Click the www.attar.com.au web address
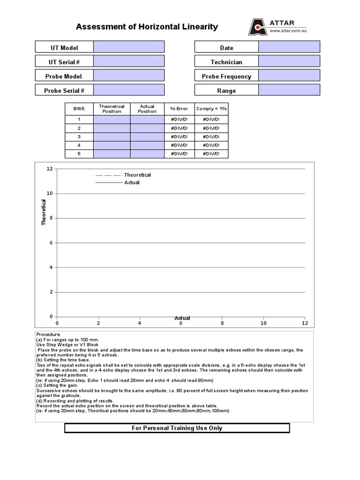pyautogui.click(x=288, y=31)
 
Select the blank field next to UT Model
pyautogui.click(x=129, y=47)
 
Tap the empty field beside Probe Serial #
pyautogui.click(x=129, y=90)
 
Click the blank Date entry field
pyautogui.click(x=289, y=47)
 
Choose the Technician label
pyautogui.click(x=226, y=62)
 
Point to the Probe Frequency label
pyautogui.click(x=226, y=76)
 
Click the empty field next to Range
pyautogui.click(x=289, y=90)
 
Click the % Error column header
pyautogui.click(x=179, y=109)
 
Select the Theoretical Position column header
pyautogui.click(x=112, y=109)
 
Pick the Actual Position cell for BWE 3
pyautogui.click(x=147, y=136)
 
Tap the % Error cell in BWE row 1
pyautogui.click(x=179, y=120)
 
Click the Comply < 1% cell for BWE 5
pyautogui.click(x=211, y=154)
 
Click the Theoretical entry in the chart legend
pyautogui.click(x=137, y=175)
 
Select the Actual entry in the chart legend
pyautogui.click(x=131, y=182)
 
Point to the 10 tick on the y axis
pyautogui.click(x=50, y=194)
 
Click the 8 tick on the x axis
pyautogui.click(x=222, y=323)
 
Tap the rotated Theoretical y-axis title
pyautogui.click(x=44, y=212)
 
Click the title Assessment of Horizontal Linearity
pyautogui.click(x=147, y=27)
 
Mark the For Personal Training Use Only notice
pyautogui.click(x=177, y=428)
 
